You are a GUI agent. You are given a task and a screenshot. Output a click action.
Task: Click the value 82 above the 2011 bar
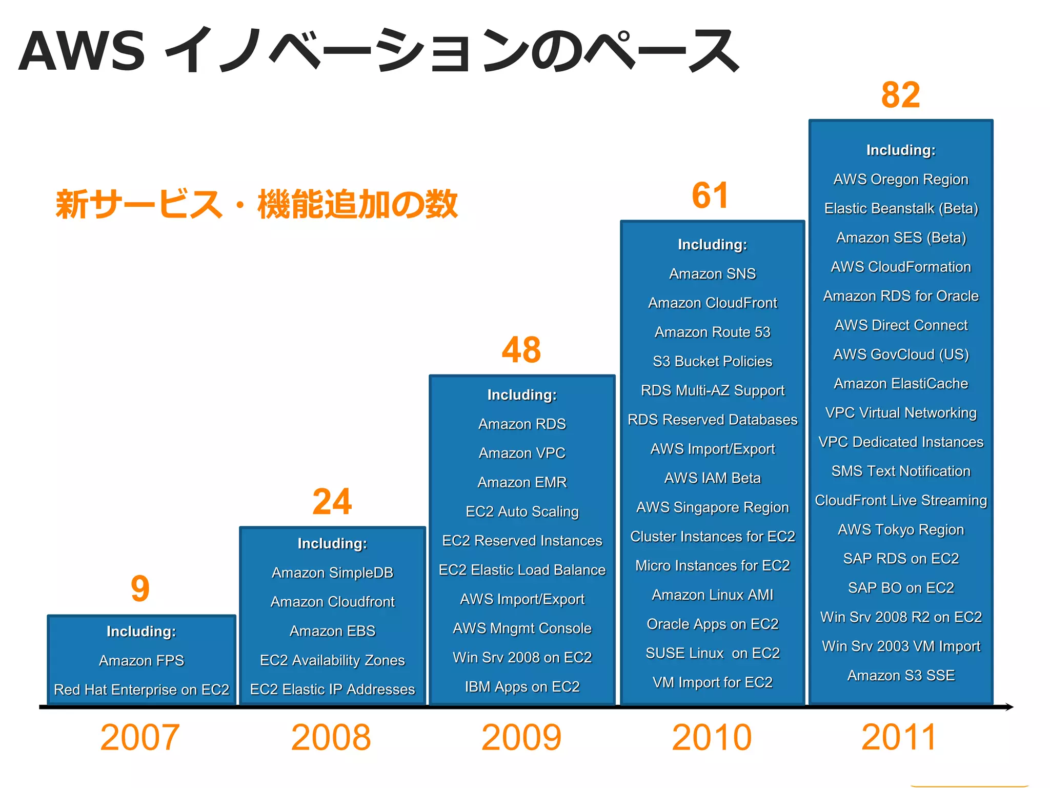pos(901,95)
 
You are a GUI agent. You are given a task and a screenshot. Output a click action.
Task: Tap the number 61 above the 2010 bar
pos(710,195)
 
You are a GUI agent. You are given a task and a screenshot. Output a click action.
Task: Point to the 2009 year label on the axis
pos(521,738)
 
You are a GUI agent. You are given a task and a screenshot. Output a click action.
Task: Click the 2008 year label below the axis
pos(331,738)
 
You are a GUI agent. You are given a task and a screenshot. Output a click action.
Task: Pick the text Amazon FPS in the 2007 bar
pos(142,660)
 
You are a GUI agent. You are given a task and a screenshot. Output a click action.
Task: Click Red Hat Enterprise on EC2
pos(142,689)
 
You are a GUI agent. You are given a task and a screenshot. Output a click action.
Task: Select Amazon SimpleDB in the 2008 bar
pos(332,573)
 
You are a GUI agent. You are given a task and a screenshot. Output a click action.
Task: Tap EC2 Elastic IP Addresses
pos(332,689)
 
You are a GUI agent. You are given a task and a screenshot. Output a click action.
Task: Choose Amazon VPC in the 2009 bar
pos(522,453)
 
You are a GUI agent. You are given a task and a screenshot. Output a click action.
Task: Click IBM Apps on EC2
pos(522,686)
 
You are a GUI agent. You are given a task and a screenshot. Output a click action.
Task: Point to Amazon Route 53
pos(712,332)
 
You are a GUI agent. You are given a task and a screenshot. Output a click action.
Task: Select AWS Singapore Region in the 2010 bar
pos(712,507)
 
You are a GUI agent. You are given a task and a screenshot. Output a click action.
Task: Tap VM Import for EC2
pos(712,682)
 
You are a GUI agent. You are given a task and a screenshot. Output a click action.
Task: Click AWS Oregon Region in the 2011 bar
pos(901,179)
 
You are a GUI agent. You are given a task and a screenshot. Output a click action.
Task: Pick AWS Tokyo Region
pos(901,529)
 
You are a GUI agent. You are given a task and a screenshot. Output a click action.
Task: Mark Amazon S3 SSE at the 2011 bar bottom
pos(901,675)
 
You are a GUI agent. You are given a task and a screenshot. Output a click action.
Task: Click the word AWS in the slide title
pos(82,51)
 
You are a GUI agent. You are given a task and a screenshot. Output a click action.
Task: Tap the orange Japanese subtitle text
pos(256,204)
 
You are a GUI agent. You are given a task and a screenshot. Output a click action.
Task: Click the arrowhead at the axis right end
pos(1009,707)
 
